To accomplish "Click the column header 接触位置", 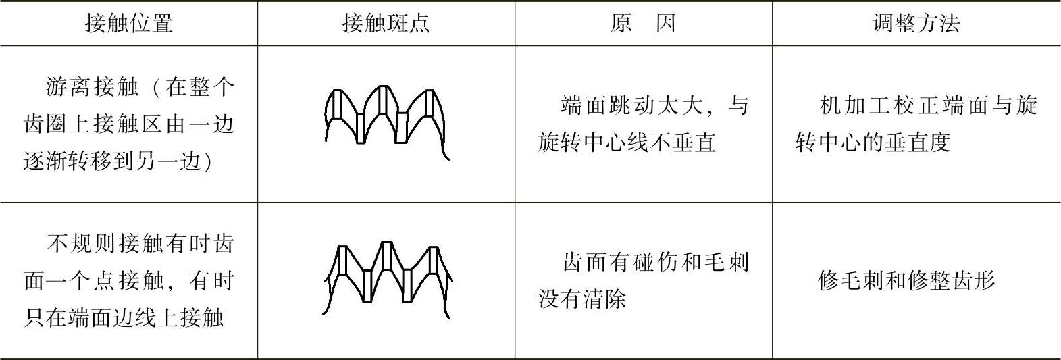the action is (x=129, y=24).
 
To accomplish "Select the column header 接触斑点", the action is (x=386, y=24).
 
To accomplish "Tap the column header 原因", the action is (x=643, y=24).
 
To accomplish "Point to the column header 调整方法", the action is (x=916, y=24).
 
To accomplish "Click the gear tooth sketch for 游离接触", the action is (x=386, y=122).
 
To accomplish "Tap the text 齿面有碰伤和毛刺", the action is (x=656, y=262).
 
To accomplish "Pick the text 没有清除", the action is (x=582, y=299).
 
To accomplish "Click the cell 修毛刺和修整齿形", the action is (x=906, y=280).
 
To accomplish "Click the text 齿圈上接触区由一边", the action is (x=129, y=125).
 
